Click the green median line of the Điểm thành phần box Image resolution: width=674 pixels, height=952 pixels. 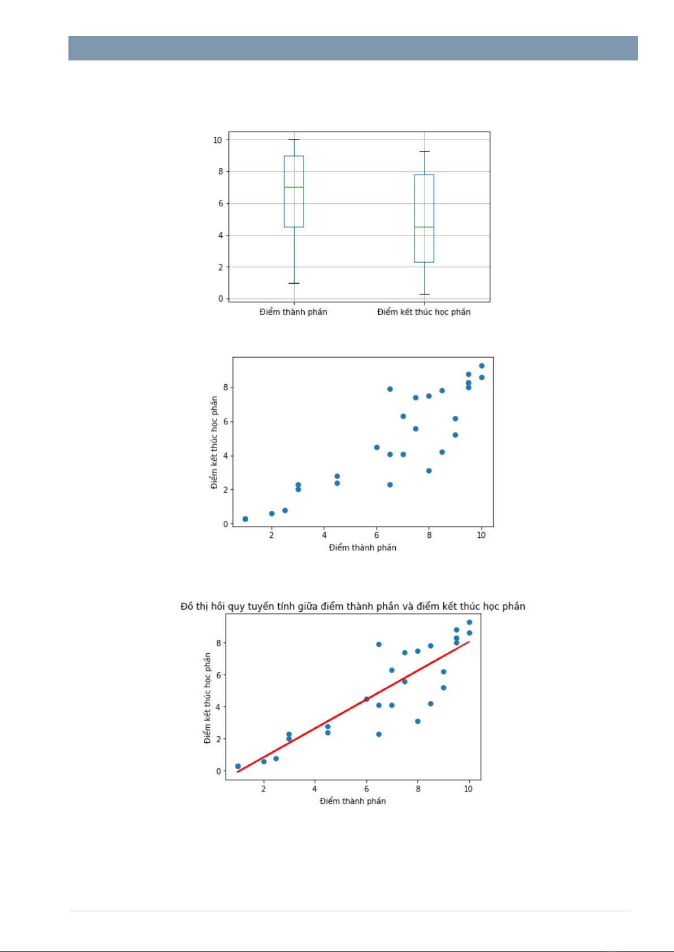(x=293, y=187)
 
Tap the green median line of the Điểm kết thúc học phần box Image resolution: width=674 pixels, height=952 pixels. (x=424, y=227)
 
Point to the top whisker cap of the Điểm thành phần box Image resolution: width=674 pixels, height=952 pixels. (x=293, y=140)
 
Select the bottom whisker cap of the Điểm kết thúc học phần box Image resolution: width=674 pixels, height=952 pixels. (x=424, y=294)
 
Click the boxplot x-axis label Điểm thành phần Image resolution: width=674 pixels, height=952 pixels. (x=293, y=312)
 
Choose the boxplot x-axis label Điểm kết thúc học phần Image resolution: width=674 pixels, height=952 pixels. (x=424, y=312)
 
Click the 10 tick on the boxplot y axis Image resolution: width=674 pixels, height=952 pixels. (x=218, y=140)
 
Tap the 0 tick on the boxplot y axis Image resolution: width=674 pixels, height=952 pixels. (x=221, y=298)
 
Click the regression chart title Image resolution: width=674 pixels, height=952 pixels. (x=353, y=606)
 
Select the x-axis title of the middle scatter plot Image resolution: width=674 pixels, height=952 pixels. (x=362, y=547)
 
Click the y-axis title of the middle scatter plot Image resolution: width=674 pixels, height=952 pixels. (x=214, y=442)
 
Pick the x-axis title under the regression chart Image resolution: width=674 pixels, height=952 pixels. (x=353, y=801)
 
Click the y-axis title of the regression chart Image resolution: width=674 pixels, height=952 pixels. (x=208, y=698)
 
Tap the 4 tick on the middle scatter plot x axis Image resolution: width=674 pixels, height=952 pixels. (x=324, y=535)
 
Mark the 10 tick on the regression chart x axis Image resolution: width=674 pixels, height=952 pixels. (x=468, y=789)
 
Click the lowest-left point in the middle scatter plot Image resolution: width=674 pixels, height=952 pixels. (x=245, y=519)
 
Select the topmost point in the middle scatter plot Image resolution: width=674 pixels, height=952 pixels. (x=482, y=366)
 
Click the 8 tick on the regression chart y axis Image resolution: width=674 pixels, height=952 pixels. (x=218, y=643)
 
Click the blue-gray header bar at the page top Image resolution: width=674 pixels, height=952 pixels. (x=353, y=49)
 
